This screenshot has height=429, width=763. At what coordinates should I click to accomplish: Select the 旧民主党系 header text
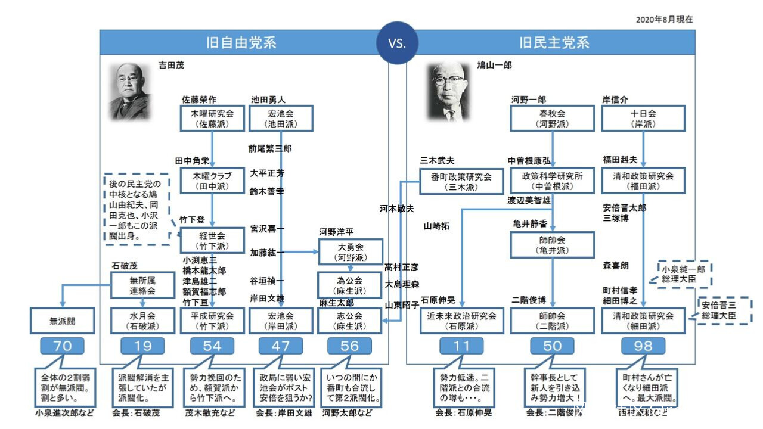coord(554,43)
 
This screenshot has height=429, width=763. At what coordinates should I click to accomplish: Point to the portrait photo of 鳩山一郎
coord(450,91)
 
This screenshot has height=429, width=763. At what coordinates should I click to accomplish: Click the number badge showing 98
coord(643,346)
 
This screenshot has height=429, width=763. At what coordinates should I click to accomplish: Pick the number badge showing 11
coord(462,346)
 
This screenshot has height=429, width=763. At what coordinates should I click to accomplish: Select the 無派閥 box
coord(63,321)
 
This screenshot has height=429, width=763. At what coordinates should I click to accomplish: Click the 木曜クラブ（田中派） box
coord(212,181)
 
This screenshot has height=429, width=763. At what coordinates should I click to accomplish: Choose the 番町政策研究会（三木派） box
coord(461,181)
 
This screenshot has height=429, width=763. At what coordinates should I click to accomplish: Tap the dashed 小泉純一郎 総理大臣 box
coord(685,273)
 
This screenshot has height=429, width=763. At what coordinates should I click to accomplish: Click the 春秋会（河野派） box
coord(553,118)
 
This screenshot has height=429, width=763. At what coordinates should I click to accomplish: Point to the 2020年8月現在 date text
coord(665,20)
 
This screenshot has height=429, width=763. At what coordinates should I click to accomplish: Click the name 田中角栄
coord(192,161)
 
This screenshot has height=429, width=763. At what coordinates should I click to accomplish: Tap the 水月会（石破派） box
coord(142,321)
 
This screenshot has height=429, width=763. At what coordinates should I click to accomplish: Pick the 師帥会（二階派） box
coord(553,321)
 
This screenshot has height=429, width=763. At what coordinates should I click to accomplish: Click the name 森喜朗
coord(616,266)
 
